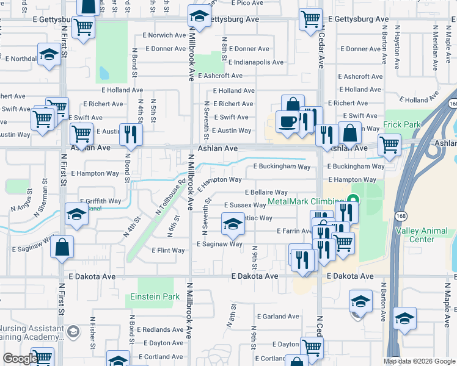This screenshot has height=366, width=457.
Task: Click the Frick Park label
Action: (x=402, y=124)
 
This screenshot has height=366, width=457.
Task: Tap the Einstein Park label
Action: (x=155, y=297)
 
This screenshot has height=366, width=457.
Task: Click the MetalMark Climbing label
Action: (x=306, y=201)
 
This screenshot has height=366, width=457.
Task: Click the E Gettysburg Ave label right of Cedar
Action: (x=358, y=20)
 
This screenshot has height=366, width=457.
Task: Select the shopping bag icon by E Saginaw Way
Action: (x=62, y=247)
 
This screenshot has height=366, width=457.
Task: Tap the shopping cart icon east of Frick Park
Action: (x=389, y=145)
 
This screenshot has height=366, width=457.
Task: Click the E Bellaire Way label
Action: (x=266, y=192)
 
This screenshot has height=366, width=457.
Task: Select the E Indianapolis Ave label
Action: (x=256, y=62)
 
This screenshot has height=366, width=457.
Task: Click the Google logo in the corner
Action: (x=20, y=359)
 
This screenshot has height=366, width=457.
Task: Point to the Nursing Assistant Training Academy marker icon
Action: (x=73, y=331)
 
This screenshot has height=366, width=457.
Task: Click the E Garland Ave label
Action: (x=278, y=317)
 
